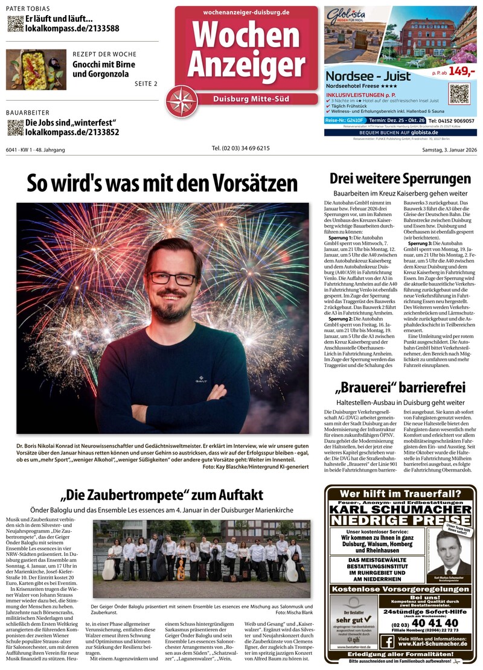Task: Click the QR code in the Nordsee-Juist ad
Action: (459, 94)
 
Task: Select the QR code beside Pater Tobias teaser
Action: (15, 24)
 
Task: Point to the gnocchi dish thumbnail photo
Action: (36, 69)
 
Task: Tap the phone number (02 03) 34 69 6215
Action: (241, 148)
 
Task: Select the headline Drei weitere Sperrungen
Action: (400, 179)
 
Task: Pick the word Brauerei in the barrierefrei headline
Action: (368, 387)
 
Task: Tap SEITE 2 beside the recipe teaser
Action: (146, 83)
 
